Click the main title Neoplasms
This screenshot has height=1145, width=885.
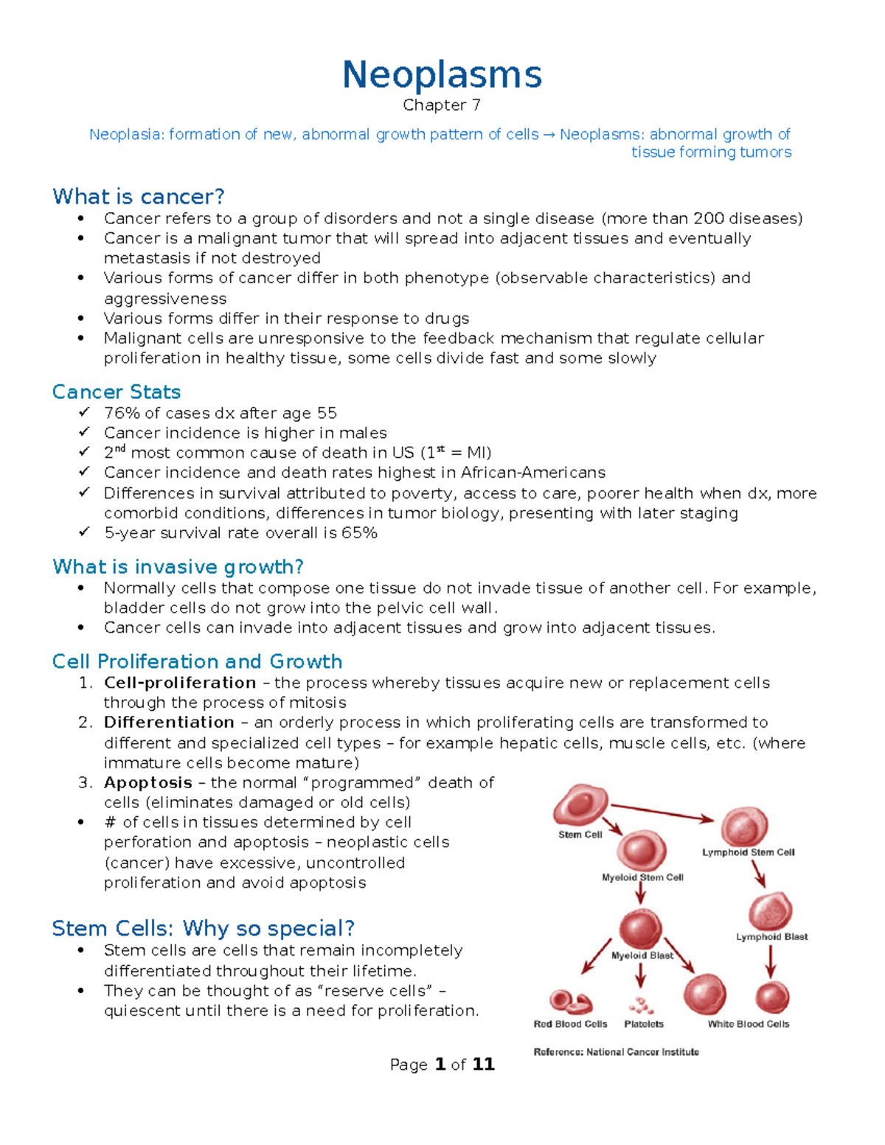coord(442,75)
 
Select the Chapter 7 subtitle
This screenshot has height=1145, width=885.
coord(442,105)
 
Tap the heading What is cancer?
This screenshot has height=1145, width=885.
coord(139,197)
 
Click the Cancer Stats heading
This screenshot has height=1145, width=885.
coord(117,391)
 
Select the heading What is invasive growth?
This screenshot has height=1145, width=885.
coord(178,567)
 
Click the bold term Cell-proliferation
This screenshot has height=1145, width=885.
coord(180,683)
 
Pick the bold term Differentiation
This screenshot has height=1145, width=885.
coord(169,723)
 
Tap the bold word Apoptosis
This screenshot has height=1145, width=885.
coord(148,783)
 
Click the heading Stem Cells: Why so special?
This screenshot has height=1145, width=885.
coord(204,928)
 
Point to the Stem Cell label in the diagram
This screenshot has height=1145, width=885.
coord(580,835)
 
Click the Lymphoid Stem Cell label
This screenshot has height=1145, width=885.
coord(748,852)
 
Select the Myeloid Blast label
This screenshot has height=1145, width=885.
coord(642,956)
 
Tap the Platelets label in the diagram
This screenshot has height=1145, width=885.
coord(644,1024)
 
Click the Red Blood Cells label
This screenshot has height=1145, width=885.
coord(570,1024)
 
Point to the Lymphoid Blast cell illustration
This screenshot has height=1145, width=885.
coord(771,911)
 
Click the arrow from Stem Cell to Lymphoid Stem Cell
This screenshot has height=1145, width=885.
coord(662,812)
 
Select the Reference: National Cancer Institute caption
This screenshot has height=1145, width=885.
coord(616,1052)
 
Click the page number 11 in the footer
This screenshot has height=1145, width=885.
coord(483,1065)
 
